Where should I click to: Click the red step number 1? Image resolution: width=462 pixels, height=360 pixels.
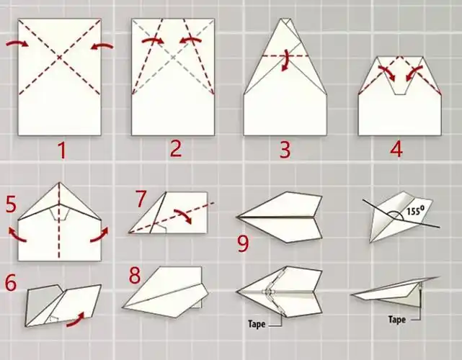62,150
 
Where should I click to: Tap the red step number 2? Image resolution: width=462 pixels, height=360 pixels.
176,149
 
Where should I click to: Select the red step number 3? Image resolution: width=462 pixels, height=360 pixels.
285,150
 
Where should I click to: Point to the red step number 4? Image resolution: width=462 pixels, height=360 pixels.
396,149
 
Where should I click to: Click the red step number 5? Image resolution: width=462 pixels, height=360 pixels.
11,204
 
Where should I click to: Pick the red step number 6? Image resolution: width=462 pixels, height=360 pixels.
11,283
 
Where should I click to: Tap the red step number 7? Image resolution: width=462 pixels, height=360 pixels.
141,199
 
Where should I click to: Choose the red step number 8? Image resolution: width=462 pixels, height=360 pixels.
135,275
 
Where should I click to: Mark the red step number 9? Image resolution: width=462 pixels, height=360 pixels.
243,244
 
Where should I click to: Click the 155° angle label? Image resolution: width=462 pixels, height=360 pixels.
415,210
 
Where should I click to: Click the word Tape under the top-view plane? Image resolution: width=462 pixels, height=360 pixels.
257,324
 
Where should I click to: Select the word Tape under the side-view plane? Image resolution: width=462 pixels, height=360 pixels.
397,320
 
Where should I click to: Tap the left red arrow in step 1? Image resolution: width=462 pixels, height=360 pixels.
17,44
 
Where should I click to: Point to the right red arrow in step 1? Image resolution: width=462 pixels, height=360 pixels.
102,45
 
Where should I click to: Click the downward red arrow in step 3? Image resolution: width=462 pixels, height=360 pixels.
285,60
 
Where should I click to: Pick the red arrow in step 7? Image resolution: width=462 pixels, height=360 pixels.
183,215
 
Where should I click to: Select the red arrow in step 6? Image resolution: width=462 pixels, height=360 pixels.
76,320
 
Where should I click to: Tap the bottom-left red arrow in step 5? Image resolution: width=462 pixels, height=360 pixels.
17,235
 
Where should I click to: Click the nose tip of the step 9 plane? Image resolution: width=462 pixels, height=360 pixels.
236,217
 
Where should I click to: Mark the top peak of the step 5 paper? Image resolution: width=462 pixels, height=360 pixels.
60,182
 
